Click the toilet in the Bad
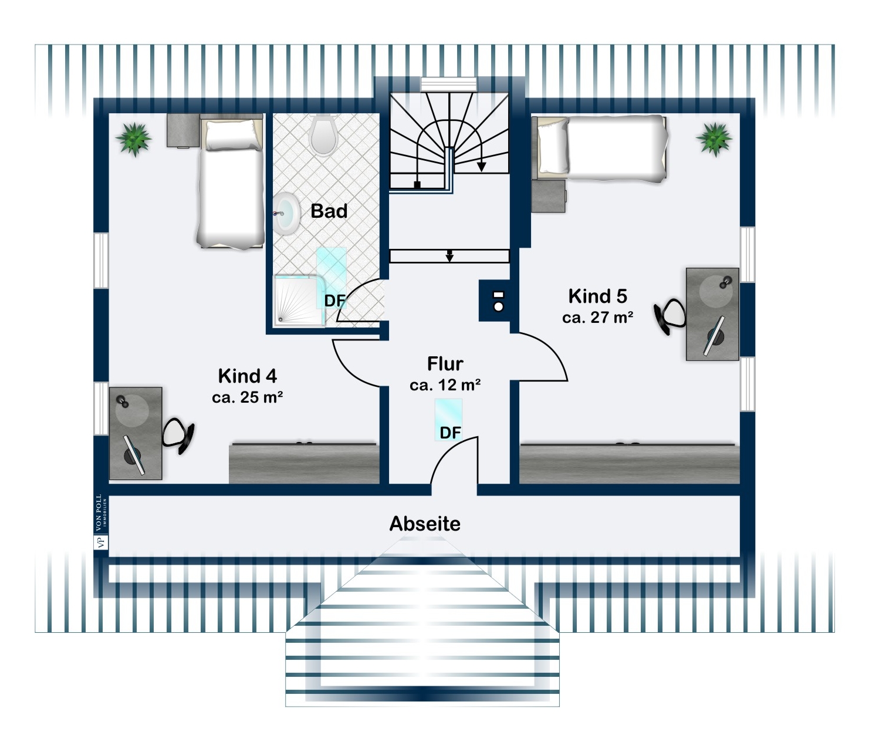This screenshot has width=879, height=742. (323, 134)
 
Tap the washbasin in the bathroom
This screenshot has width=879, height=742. (286, 214)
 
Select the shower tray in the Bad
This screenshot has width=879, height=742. (299, 301)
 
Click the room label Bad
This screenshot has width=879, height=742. (329, 211)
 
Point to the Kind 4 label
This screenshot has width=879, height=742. (248, 376)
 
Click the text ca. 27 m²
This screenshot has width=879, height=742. (598, 317)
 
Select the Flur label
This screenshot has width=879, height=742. (445, 364)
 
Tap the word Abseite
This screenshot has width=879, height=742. (425, 524)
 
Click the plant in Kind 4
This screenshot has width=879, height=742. (134, 139)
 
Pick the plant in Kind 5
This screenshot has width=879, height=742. (714, 139)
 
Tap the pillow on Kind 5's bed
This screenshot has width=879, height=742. (553, 145)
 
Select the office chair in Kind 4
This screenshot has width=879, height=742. (178, 435)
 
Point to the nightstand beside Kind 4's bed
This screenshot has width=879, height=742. (183, 130)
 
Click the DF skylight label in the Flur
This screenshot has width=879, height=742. (450, 433)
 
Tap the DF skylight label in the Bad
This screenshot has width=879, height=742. (334, 301)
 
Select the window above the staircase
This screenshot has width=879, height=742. (449, 84)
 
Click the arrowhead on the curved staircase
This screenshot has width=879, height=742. (481, 167)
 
